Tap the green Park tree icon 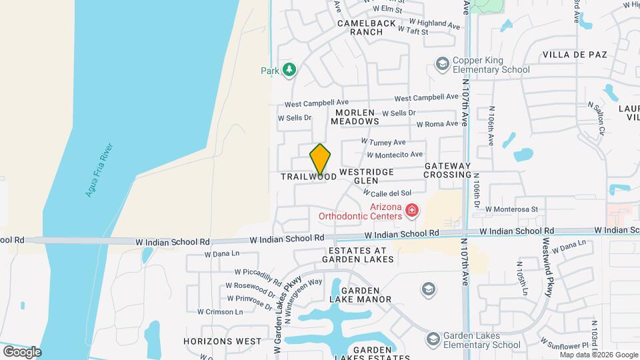point(289,69)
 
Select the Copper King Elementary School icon point(441,63)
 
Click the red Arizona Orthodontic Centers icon point(412,211)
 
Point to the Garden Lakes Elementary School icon point(433,340)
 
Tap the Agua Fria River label point(99,170)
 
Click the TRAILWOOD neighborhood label point(309,177)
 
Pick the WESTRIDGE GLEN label point(366,176)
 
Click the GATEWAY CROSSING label point(447,170)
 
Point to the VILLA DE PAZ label point(575,55)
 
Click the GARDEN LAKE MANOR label point(366,295)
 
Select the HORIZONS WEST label point(223,341)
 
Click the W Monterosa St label point(511,209)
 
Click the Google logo point(22,351)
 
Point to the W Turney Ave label point(383,142)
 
